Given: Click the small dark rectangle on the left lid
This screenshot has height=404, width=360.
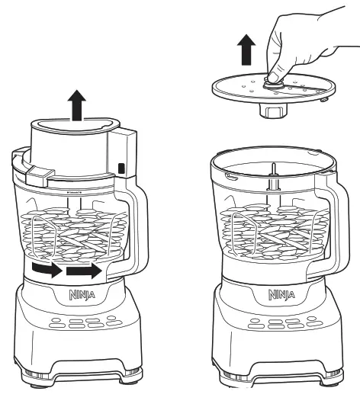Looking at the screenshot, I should pyautogui.click(x=123, y=168).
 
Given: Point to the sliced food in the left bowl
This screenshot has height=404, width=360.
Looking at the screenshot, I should pyautogui.click(x=74, y=232).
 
